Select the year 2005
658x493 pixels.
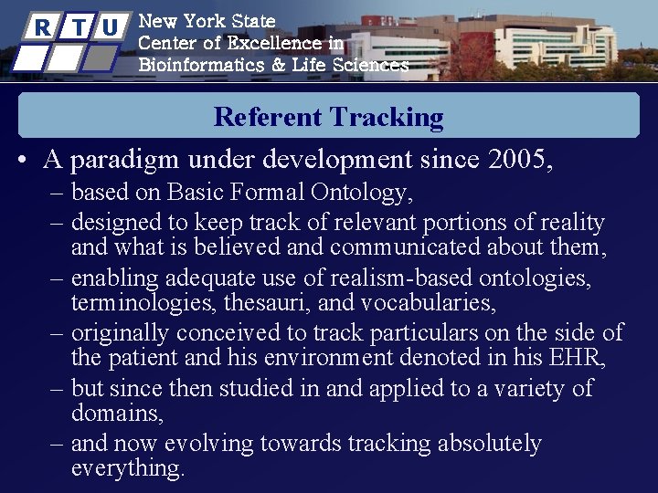519,160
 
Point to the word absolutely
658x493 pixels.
490,444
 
